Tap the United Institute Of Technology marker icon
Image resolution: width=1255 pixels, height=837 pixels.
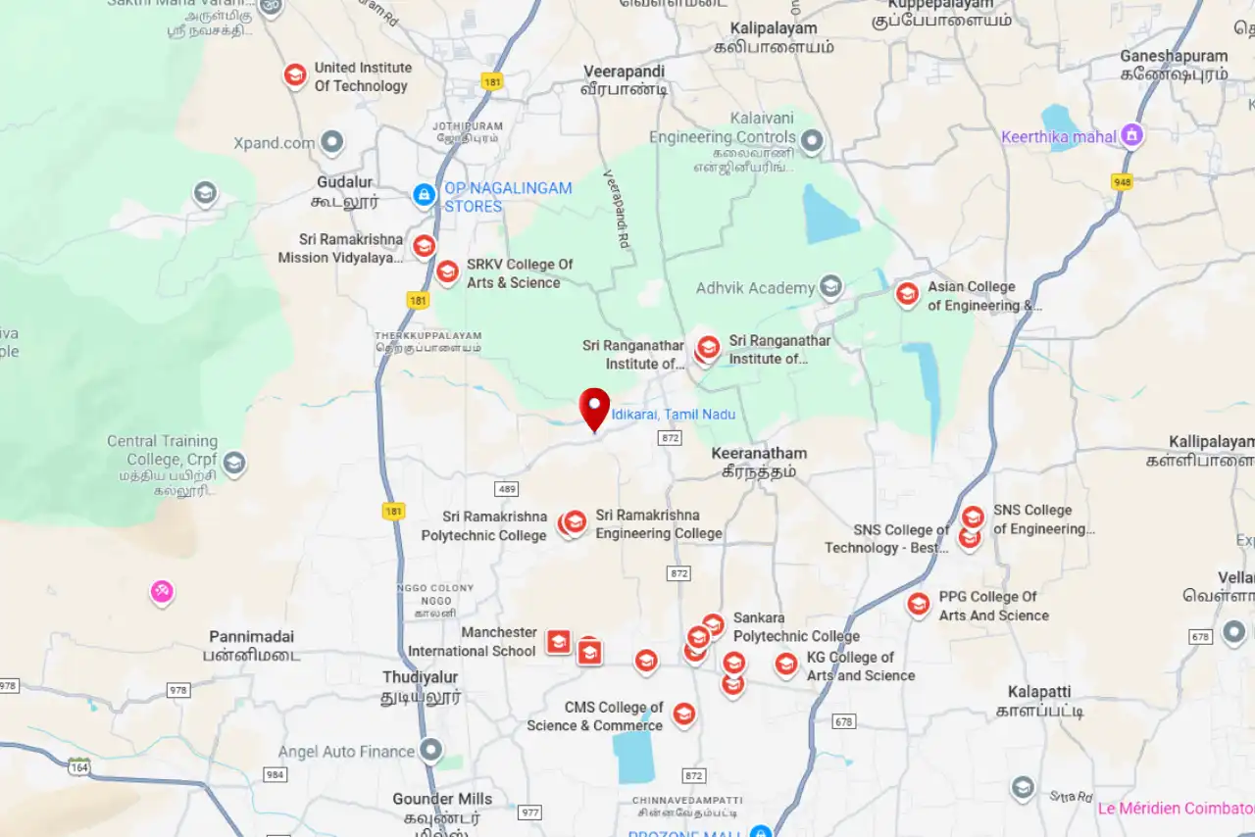click(295, 75)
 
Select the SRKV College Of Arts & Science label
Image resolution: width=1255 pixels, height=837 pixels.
click(519, 273)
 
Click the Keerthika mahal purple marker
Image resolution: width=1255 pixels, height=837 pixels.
click(1132, 135)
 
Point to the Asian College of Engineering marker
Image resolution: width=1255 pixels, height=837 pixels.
click(907, 293)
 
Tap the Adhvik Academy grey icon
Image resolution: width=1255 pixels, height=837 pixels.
click(830, 287)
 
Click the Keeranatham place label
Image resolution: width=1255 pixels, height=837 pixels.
click(759, 454)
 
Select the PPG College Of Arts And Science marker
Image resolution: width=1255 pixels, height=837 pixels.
click(918, 605)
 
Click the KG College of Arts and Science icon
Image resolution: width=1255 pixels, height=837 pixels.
click(786, 665)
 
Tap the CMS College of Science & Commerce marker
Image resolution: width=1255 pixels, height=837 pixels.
click(683, 714)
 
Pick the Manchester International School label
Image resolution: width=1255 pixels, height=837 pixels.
click(473, 642)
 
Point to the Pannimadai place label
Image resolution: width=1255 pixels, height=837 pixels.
click(251, 637)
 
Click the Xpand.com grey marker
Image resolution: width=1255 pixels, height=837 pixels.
click(332, 142)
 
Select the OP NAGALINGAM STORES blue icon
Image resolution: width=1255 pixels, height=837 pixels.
click(425, 195)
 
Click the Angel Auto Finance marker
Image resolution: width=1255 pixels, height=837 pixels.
click(431, 751)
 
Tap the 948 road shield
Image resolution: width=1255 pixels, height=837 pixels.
click(1123, 182)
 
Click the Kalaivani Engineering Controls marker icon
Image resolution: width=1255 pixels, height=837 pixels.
click(812, 141)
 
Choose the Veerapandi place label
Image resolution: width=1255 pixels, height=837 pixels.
click(624, 72)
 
